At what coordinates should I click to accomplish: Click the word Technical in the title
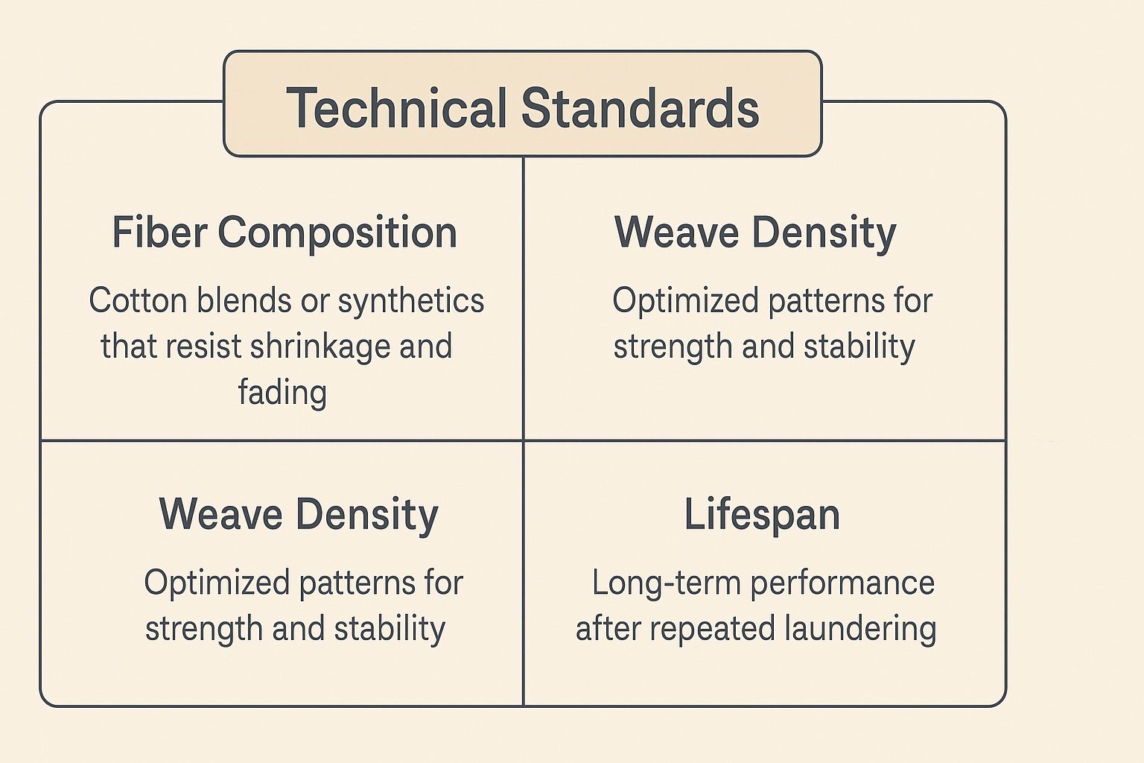pyautogui.click(x=395, y=109)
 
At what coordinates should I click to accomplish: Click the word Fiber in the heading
pyautogui.click(x=159, y=232)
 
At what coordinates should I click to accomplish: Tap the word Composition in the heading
pyautogui.click(x=337, y=232)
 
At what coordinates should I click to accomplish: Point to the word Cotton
pyautogui.click(x=138, y=301)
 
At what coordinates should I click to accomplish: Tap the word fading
pyautogui.click(x=282, y=393)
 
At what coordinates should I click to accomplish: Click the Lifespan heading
pyautogui.click(x=762, y=515)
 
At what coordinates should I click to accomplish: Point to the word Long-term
pyautogui.click(x=667, y=583)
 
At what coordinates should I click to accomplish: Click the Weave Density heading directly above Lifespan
pyautogui.click(x=755, y=232)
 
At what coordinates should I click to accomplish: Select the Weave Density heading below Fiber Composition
pyautogui.click(x=299, y=515)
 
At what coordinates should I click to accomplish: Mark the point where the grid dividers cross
pyautogui.click(x=524, y=440)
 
